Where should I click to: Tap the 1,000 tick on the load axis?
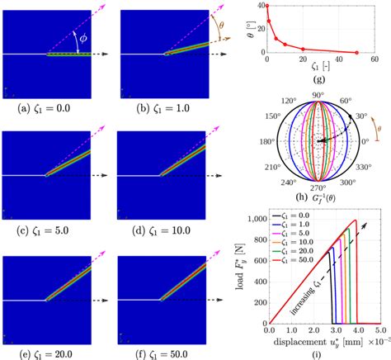tap(253, 220)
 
